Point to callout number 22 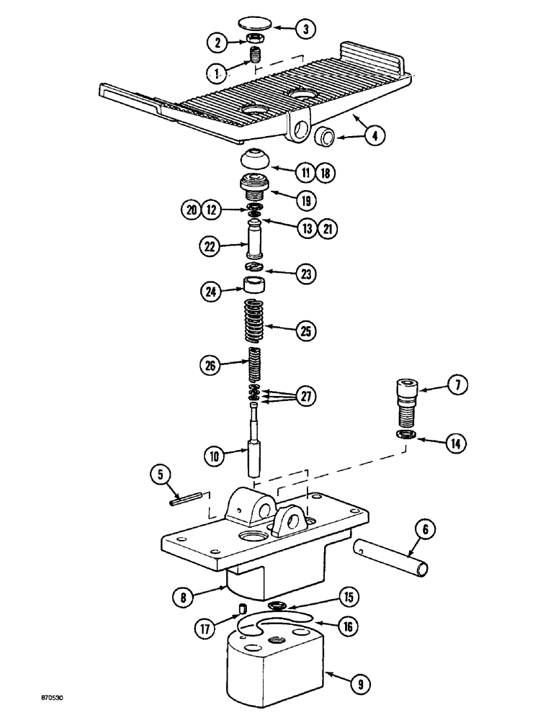(209, 246)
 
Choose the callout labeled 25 (305, 332)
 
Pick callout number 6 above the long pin (424, 531)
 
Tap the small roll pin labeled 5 (184, 498)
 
